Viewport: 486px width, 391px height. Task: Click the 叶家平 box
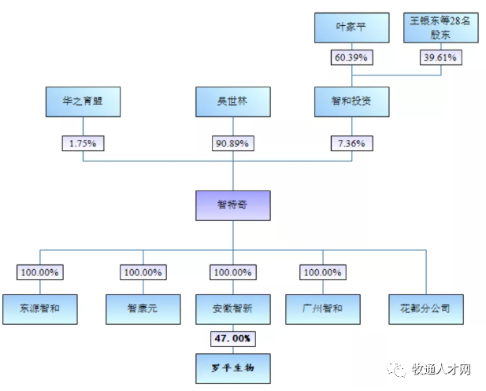(x=352, y=28)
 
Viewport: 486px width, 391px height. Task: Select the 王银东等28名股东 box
(x=440, y=28)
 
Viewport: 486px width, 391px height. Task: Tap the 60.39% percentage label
(x=352, y=57)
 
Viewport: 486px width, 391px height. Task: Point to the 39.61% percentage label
(x=440, y=57)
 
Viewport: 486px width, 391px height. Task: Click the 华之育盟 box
(x=83, y=101)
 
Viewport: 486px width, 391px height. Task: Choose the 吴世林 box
(x=232, y=101)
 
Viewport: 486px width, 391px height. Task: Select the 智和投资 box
(x=352, y=101)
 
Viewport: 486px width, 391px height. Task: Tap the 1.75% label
(x=83, y=143)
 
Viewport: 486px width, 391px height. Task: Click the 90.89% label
(x=232, y=143)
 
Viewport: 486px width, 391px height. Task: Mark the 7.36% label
(x=352, y=143)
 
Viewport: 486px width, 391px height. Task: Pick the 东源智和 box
(x=41, y=309)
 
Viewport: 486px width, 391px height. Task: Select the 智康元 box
(x=143, y=309)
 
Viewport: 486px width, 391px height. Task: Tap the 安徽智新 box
(x=232, y=309)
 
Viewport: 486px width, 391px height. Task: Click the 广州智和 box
(x=323, y=309)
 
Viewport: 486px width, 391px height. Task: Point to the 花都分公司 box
(x=426, y=309)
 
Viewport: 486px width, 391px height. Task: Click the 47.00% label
(x=232, y=338)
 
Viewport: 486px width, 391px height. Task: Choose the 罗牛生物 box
(x=232, y=367)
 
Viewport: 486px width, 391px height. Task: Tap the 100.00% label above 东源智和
(x=41, y=272)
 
